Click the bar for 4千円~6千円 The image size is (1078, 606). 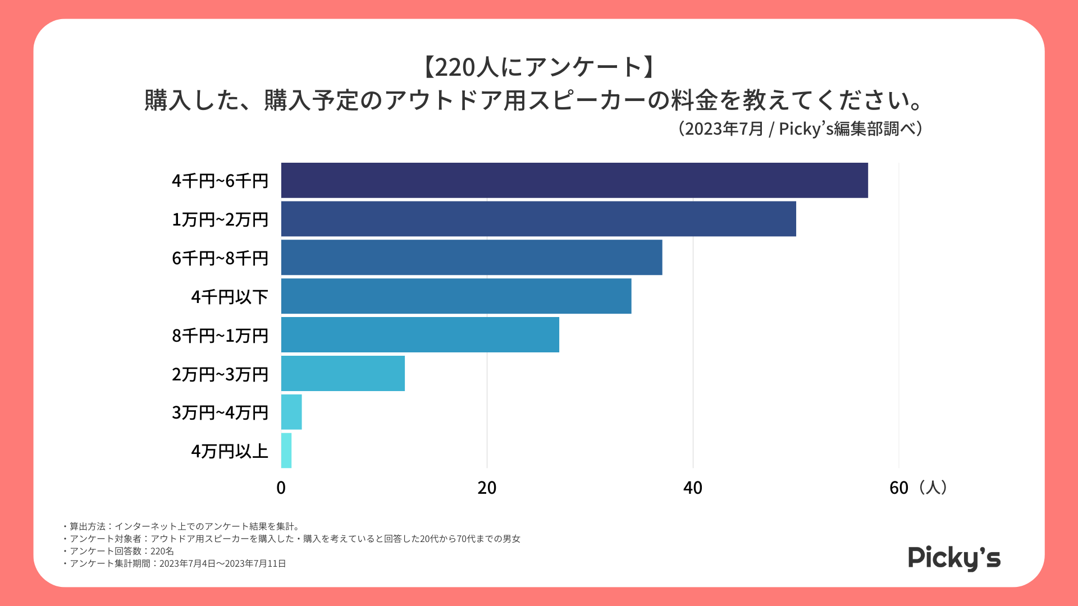[x=574, y=180]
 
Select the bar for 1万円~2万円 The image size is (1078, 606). [x=538, y=219]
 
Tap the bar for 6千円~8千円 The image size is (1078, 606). [x=471, y=258]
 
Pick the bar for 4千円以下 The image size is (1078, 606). [x=456, y=296]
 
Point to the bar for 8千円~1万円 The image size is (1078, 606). [x=420, y=335]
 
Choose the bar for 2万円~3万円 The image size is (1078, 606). [x=342, y=373]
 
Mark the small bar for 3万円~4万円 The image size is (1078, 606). [x=291, y=412]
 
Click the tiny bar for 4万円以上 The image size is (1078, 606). [x=286, y=451]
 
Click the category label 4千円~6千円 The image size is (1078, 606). [x=220, y=181]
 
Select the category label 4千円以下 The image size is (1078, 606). [x=230, y=297]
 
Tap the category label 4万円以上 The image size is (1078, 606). [x=230, y=451]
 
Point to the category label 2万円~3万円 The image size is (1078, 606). [x=220, y=374]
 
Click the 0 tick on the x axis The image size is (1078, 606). [x=281, y=488]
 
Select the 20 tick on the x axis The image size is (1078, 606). [x=487, y=488]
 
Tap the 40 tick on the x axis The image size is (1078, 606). [x=692, y=488]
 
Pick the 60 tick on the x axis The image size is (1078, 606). [x=898, y=488]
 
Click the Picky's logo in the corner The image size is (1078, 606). [x=954, y=558]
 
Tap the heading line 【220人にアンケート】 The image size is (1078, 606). [x=538, y=67]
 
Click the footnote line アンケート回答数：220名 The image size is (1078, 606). [x=121, y=551]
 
